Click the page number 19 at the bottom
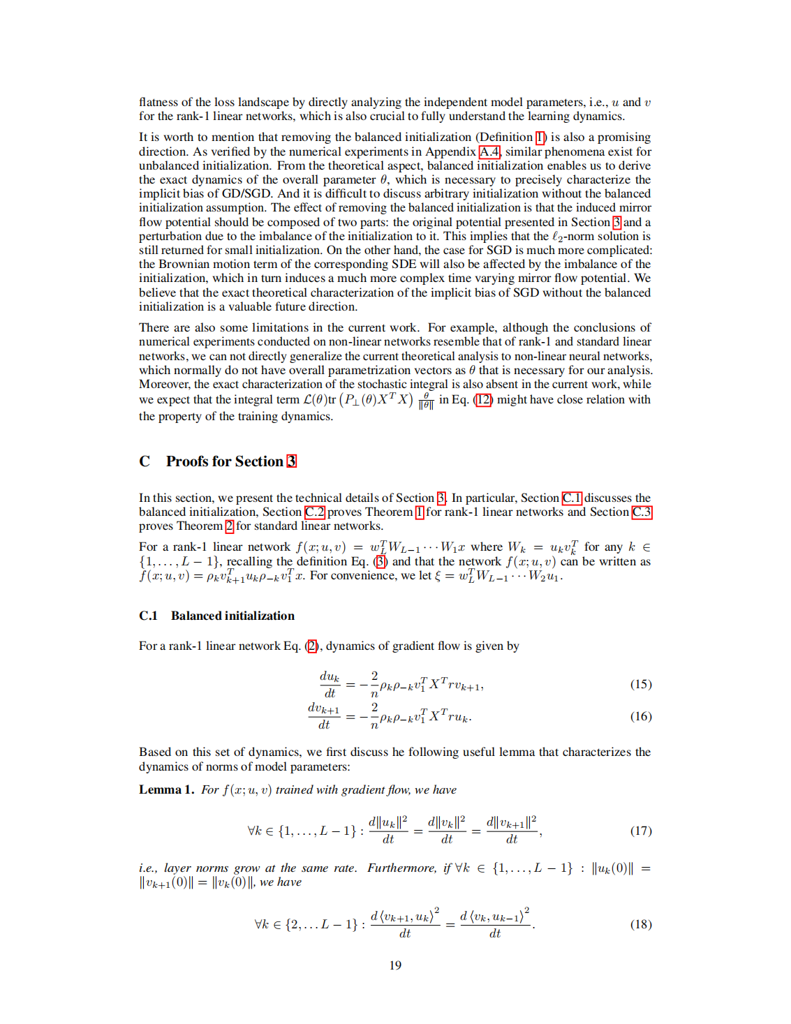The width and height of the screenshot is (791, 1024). click(x=395, y=965)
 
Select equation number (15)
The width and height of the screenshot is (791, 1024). click(x=640, y=684)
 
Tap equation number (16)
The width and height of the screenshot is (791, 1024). click(x=640, y=716)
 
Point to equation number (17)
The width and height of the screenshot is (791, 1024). click(x=640, y=831)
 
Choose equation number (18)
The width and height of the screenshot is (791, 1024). click(x=640, y=924)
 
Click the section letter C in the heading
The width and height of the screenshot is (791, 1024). click(x=145, y=461)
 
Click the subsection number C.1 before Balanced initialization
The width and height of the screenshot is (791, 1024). click(x=148, y=616)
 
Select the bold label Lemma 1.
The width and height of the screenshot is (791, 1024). click(x=166, y=789)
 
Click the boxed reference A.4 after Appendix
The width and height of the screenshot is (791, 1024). click(x=489, y=151)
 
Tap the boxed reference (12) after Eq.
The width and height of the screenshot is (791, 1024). click(x=483, y=400)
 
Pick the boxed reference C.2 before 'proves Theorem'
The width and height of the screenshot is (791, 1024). click(x=315, y=512)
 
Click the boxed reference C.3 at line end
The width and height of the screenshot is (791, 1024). click(x=642, y=512)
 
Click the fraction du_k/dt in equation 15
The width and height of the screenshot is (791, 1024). click(x=330, y=684)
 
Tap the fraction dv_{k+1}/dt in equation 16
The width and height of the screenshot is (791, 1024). click(x=324, y=716)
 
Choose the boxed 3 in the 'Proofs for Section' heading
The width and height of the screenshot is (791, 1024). click(x=292, y=461)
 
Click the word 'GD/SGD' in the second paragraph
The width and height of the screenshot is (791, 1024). click(x=248, y=194)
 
